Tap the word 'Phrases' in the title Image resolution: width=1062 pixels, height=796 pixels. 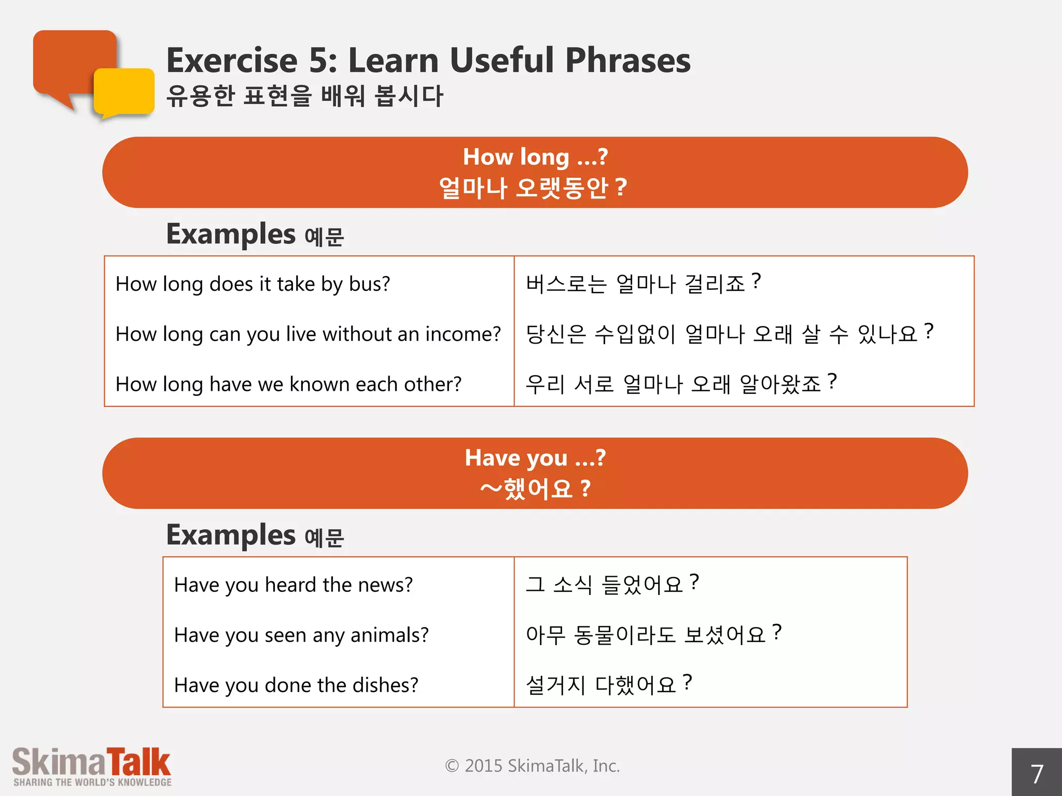click(x=627, y=60)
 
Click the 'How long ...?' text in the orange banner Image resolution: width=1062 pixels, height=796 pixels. click(x=535, y=157)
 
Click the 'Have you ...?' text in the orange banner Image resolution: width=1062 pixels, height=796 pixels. click(x=535, y=458)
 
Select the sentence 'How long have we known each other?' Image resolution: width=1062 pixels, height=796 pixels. click(x=288, y=385)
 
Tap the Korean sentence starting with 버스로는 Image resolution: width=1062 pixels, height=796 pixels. click(x=643, y=283)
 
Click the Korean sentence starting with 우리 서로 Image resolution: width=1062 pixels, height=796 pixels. click(x=680, y=384)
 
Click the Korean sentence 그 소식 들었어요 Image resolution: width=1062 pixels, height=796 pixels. click(x=612, y=585)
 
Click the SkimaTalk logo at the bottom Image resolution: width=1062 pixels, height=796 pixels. click(x=92, y=766)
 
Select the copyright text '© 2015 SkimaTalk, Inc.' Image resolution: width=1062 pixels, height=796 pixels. click(x=533, y=766)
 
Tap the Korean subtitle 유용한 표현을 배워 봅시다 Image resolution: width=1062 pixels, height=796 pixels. click(x=305, y=96)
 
